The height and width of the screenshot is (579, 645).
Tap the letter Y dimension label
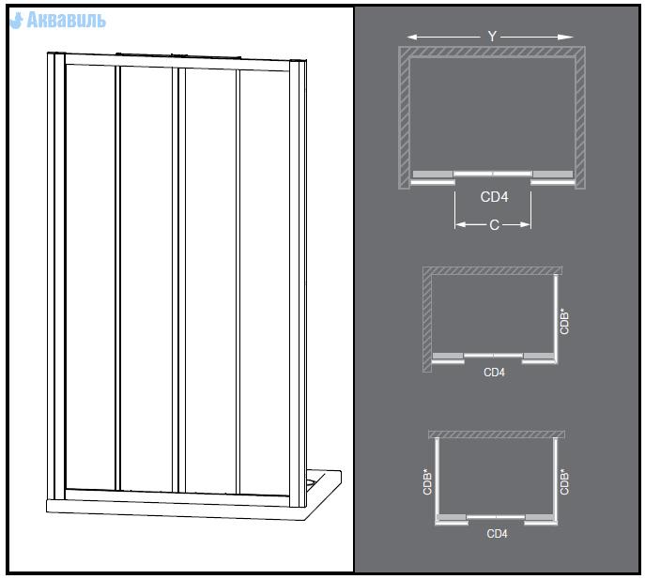492,37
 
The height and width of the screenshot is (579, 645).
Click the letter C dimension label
494,225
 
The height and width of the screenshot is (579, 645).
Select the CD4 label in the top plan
494,197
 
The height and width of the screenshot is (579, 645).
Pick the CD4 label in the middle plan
494,373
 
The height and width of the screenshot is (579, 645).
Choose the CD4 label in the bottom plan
497,534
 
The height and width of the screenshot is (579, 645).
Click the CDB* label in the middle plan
564,321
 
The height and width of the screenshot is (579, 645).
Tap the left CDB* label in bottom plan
427,481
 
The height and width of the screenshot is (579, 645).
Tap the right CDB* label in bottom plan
564,481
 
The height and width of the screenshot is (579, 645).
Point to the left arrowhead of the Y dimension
412,38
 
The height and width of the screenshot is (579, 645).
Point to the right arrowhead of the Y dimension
568,38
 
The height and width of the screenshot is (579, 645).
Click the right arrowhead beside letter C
525,224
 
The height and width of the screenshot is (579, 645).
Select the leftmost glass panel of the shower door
90,277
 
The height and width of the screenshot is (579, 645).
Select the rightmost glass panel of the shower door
265,282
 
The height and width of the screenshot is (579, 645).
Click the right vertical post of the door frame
298,283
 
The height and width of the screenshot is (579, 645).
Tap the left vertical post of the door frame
56,276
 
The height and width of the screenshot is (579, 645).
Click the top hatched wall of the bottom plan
497,434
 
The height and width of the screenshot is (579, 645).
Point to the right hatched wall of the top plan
580,117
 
